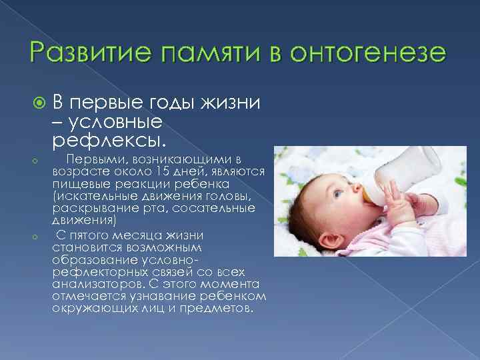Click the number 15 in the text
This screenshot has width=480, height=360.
pos(177,172)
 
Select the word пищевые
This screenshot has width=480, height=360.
pos(77,183)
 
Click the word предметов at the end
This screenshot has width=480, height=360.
pos(218,309)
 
